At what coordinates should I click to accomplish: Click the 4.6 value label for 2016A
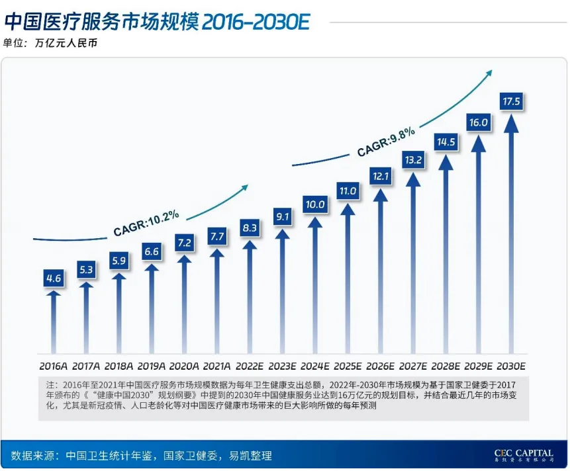[x=54, y=279]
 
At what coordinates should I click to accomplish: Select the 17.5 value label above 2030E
[x=512, y=101]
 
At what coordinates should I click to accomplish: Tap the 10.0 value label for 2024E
[x=314, y=205]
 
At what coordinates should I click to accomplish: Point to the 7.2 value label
[x=184, y=243]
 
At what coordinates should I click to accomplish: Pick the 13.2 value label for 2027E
[x=413, y=159]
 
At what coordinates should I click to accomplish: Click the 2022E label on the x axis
[x=250, y=366]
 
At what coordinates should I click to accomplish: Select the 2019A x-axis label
[x=152, y=366]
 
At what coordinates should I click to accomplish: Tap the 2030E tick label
[x=511, y=366]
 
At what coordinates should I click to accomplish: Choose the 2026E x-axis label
[x=381, y=366]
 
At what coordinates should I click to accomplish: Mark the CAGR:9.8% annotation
[x=386, y=142]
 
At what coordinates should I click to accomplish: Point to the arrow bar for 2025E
[x=348, y=278]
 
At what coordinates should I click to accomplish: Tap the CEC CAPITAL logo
[x=523, y=456]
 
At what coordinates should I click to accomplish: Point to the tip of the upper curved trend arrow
[x=491, y=71]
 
